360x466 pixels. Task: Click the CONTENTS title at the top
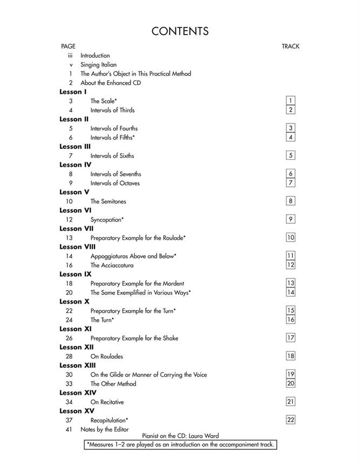(180, 31)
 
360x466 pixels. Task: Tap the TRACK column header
(290, 46)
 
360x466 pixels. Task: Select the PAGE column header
(68, 46)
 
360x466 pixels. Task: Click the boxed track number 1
(290, 101)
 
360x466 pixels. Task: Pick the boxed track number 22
(290, 420)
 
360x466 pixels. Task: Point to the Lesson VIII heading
(77, 246)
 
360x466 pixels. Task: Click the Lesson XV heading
(77, 411)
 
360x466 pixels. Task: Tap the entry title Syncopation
(107, 220)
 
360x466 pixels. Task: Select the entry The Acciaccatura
(112, 265)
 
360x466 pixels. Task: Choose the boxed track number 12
(290, 265)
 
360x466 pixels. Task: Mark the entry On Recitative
(107, 402)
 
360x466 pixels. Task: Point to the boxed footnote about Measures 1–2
(180, 444)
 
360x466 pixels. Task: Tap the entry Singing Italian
(98, 65)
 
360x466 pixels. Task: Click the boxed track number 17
(290, 338)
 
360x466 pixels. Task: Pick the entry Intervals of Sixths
(112, 156)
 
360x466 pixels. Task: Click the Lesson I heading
(73, 92)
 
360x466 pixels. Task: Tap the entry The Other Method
(113, 384)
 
